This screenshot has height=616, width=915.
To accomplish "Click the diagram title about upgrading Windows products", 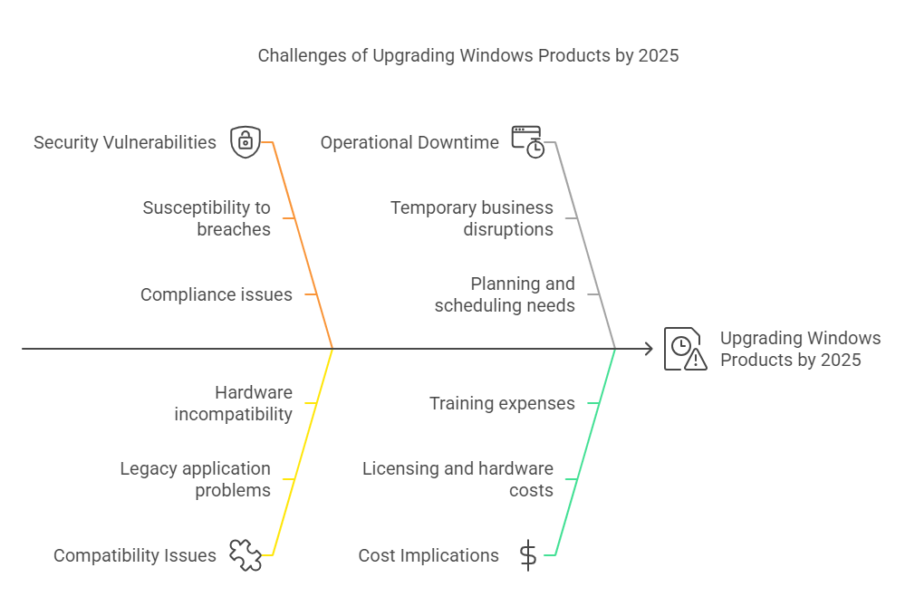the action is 468,55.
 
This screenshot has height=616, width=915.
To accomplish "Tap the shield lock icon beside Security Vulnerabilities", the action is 246,141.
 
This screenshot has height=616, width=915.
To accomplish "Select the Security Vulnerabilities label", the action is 125,142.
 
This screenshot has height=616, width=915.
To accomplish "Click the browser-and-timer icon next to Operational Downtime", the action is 528,141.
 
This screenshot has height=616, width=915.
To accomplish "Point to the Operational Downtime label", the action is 409,142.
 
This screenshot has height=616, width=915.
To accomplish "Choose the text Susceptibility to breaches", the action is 207,218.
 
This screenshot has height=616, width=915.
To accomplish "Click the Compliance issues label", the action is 217,294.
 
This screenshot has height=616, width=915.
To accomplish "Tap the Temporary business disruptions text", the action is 472,218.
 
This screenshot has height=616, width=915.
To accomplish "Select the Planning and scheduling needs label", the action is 505,294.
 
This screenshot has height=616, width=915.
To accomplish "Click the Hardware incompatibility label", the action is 234,403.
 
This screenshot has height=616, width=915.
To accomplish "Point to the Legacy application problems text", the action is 196,479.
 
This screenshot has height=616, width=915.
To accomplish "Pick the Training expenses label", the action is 503,403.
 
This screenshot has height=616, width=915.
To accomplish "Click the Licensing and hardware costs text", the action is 458,479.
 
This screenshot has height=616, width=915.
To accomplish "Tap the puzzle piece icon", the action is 246,554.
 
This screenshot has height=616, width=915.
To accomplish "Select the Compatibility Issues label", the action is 135,555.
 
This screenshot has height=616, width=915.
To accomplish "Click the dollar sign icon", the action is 528,554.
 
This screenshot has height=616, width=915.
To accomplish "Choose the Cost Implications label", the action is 429,555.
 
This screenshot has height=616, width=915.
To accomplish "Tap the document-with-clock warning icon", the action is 686,349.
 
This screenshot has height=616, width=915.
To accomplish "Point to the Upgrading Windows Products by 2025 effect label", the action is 801,349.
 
